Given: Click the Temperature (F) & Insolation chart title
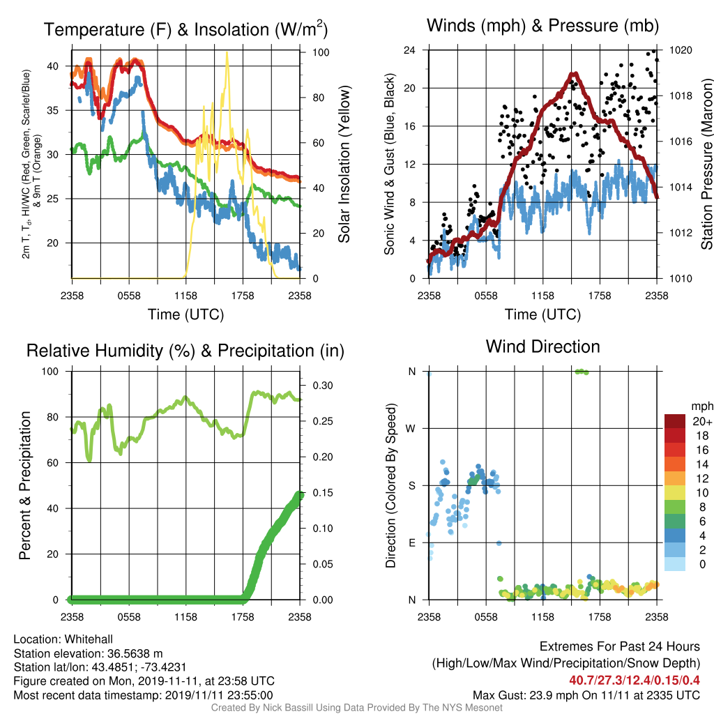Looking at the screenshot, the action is point(185,29).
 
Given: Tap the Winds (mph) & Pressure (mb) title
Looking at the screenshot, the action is point(542,26).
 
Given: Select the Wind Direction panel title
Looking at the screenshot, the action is point(542,347).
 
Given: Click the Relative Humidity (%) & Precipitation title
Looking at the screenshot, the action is point(185,351).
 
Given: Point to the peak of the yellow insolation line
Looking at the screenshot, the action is point(227,52).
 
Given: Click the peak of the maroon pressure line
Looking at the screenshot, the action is point(575,74).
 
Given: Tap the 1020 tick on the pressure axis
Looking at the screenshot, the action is point(681,50).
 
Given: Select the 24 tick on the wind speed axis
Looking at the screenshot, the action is point(409,50).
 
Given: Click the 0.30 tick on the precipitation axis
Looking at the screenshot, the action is point(323,386).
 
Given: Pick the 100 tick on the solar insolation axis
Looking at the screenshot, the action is point(321,52).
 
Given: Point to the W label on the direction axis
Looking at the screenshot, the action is point(411,429).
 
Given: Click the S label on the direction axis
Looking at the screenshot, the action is point(411,486).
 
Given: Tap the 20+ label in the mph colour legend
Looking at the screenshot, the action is point(702,421).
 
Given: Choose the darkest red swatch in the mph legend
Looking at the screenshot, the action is point(675,421).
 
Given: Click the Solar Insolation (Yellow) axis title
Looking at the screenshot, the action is point(344,164).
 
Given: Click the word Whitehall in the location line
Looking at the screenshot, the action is point(89,639).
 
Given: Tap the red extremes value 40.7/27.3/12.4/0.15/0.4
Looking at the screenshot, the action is point(635,681).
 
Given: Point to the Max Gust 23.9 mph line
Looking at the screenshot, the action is point(586,695).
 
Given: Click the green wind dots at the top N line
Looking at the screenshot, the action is point(582,372).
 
